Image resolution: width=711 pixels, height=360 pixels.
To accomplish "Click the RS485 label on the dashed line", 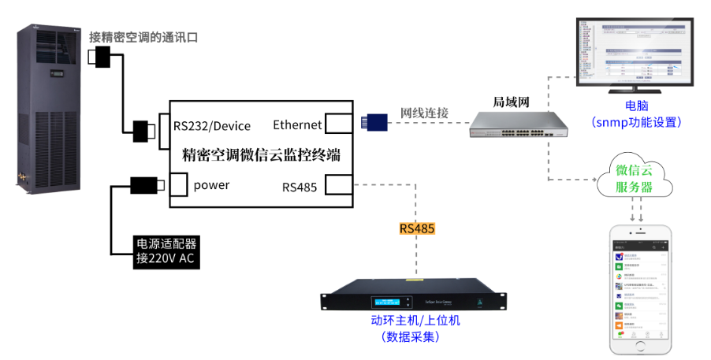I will tap(417, 229).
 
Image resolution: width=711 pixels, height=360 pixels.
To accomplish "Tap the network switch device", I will tap(519, 124).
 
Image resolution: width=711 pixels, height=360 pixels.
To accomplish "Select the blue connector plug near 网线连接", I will tap(374, 121).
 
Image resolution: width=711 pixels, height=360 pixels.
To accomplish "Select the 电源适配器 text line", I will tap(167, 244).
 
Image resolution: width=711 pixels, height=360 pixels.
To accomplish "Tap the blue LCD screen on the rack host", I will tap(393, 302).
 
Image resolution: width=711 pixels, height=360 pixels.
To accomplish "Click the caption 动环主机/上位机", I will tap(415, 321).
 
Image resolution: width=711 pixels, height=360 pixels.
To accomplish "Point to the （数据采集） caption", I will tap(410, 336).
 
